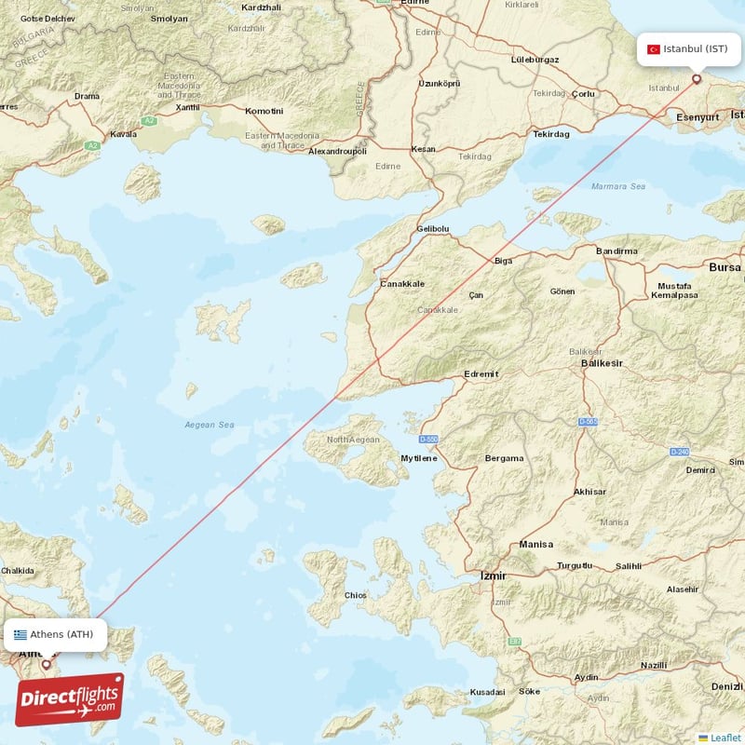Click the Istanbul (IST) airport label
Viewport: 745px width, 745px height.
695,48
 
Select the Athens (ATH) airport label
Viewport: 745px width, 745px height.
61,635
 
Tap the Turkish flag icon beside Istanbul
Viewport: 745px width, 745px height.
654,48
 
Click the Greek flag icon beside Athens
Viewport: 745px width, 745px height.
20,635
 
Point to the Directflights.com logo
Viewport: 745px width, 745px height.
69,699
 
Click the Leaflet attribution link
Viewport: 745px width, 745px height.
725,737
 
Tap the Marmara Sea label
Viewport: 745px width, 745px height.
618,186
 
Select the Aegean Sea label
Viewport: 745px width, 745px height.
209,425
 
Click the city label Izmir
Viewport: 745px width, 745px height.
493,576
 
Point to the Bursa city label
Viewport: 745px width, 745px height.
725,267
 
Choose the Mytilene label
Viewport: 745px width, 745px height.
418,458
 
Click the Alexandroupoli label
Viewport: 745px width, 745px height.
338,151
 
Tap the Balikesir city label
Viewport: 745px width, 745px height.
602,362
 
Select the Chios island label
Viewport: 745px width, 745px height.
355,595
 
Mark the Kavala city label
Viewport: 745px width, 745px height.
123,134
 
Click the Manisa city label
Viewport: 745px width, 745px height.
536,544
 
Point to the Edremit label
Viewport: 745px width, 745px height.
481,373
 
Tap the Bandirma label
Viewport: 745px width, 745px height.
616,251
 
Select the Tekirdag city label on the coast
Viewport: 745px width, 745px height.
550,134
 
